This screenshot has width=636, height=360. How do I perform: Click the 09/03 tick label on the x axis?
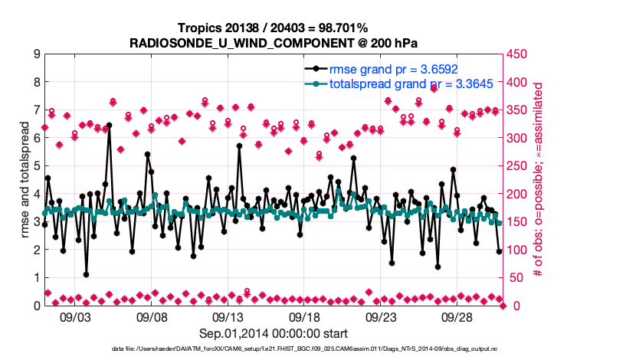point(75,316)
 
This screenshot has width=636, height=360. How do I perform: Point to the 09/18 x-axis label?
point(304,316)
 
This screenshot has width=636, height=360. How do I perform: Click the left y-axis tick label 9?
point(36,54)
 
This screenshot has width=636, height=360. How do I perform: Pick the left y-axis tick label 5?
point(36,166)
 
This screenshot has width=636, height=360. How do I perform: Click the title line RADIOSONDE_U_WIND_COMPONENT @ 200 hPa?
point(274,41)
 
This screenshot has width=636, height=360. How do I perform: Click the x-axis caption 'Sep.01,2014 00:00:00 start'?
point(274,332)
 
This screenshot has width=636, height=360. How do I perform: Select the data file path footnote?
point(274,349)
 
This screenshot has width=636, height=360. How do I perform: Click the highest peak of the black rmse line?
point(109,125)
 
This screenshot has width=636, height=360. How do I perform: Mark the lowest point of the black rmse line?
point(86,274)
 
